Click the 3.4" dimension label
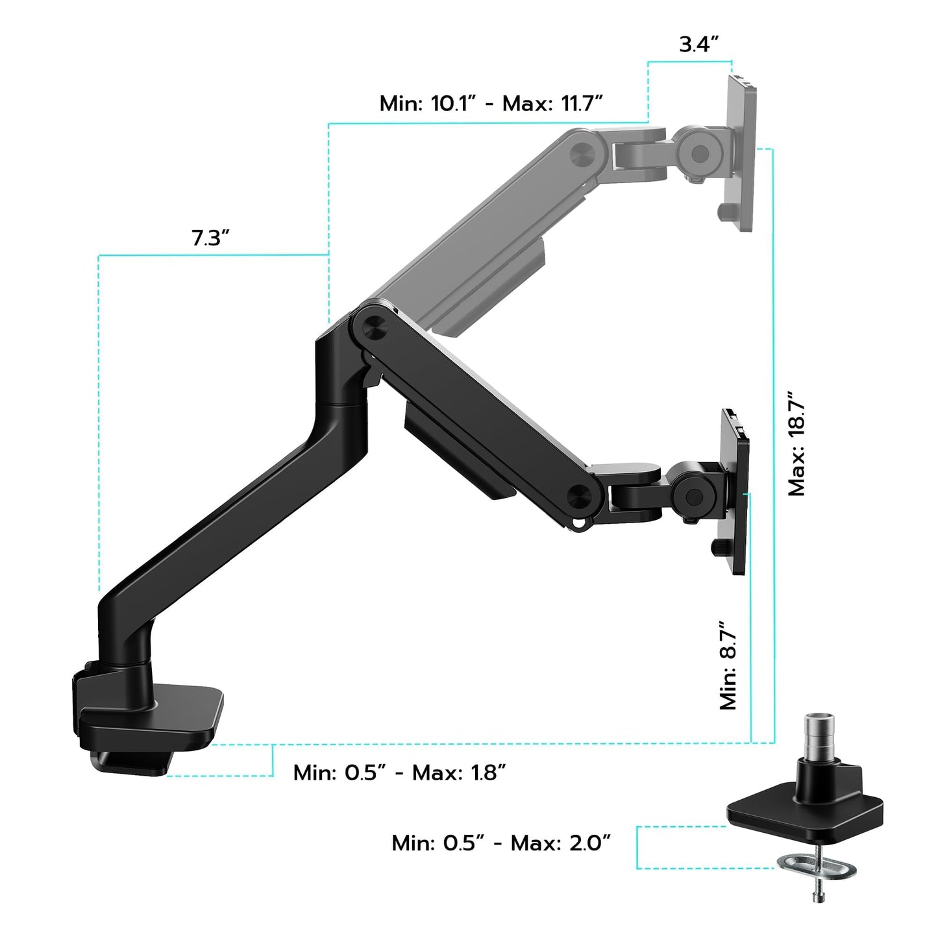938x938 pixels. [699, 45]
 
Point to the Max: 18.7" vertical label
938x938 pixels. [796, 444]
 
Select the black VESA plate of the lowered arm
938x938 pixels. [735, 491]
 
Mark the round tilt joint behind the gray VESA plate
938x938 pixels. [700, 153]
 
